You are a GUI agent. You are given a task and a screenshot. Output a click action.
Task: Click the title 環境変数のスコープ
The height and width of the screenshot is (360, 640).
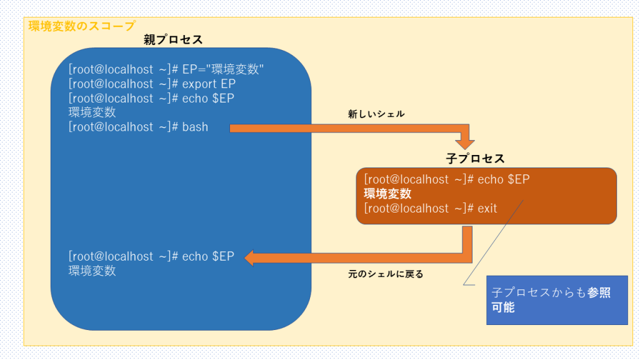coord(81,26)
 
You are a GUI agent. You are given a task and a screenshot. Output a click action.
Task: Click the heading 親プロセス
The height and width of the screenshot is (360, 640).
coord(173,39)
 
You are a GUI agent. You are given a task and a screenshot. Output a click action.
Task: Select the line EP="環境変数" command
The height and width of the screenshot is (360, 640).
coord(166,69)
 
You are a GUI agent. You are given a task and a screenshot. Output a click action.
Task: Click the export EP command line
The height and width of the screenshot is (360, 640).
coord(152,84)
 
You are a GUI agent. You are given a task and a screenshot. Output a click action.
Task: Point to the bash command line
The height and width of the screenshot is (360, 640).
coord(138,127)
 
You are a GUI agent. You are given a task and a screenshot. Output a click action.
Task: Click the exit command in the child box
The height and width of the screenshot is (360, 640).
coord(430,208)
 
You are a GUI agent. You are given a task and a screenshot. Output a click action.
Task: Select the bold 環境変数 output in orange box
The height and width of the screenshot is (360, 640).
coord(387,194)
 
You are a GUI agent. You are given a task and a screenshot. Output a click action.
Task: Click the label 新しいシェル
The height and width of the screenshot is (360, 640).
coord(376,114)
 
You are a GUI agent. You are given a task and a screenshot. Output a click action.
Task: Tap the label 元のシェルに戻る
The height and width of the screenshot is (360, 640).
coord(385,274)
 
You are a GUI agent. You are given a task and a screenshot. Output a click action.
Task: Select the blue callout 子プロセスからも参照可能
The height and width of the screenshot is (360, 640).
coord(556,300)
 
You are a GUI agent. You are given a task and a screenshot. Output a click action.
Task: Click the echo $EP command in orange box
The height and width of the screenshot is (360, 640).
coord(446,179)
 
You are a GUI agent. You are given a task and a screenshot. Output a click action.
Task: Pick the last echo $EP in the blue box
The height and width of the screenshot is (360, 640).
coord(151,256)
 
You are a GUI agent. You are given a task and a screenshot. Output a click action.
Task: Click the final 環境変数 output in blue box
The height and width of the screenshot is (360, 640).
coord(92,271)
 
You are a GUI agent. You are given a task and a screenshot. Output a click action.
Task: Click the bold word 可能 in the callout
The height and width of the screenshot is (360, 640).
coord(503,307)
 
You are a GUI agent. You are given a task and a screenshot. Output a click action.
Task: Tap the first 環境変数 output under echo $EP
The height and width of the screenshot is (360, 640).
coord(92,112)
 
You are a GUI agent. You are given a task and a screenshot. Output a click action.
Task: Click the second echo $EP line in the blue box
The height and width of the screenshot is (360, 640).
coord(151,98)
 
